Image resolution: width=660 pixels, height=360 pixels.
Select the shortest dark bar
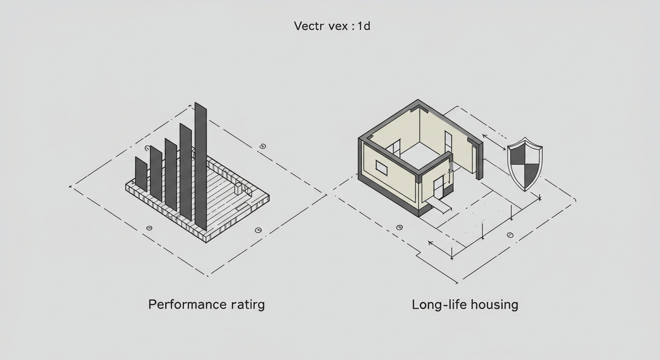pyautogui.click(x=141, y=174)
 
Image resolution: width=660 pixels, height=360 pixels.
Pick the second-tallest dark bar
pyautogui.click(x=186, y=172)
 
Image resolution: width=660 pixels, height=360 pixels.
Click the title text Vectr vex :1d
pyautogui.click(x=332, y=26)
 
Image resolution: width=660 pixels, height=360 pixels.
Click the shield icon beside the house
pyautogui.click(x=525, y=164)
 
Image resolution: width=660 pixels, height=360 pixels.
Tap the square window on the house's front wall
pyautogui.click(x=381, y=168)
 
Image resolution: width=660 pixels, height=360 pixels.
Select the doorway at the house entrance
pyautogui.click(x=438, y=187)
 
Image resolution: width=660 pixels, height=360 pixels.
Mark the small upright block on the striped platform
pyautogui.click(x=238, y=188)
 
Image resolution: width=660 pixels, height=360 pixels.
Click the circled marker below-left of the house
pyautogui.click(x=399, y=227)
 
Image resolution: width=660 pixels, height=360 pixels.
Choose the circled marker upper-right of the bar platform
pyautogui.click(x=262, y=146)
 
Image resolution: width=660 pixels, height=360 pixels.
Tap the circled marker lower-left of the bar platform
pyautogui.click(x=149, y=228)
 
